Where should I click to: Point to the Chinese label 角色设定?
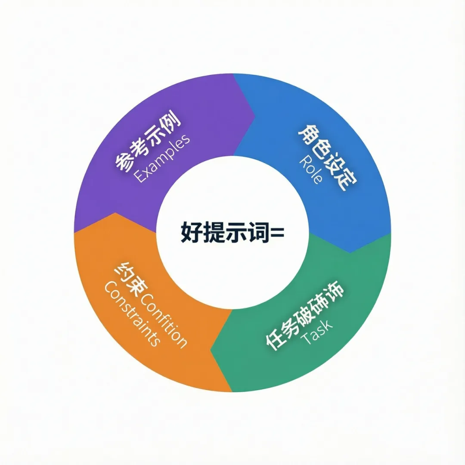(327, 157)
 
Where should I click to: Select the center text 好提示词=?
(232, 232)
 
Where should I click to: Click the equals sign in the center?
(276, 233)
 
